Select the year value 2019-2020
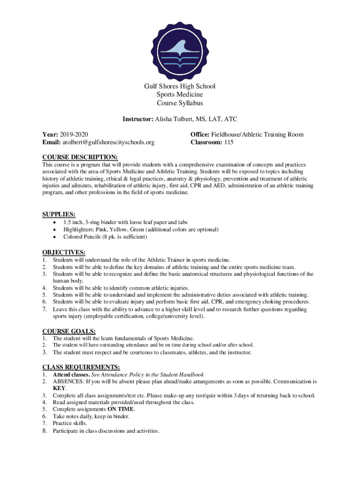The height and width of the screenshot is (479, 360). click(74, 135)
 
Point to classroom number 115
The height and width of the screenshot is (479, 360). click(229, 142)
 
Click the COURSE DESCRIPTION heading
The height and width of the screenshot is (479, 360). click(80, 157)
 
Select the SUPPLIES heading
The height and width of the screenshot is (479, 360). click(59, 214)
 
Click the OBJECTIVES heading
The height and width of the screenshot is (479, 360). click(64, 253)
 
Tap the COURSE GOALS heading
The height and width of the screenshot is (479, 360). click(69, 331)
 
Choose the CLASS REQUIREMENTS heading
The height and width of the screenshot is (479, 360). click(81, 367)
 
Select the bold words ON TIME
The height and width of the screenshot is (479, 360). click(120, 409)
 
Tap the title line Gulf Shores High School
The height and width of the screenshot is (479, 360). click(180, 86)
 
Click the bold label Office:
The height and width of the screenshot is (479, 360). click(200, 135)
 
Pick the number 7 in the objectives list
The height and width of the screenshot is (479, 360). click(44, 309)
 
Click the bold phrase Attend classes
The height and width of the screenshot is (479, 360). click(70, 375)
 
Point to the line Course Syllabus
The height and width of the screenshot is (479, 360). click(180, 103)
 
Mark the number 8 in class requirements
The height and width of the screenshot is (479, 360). click(44, 431)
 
